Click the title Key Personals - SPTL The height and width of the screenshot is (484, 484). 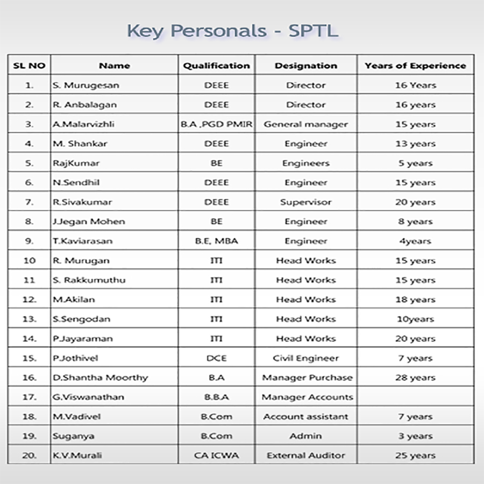232,31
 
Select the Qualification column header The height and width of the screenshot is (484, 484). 216,66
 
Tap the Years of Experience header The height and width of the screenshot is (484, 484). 415,66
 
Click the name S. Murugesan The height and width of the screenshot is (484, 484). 86,85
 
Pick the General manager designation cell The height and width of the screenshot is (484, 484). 305,124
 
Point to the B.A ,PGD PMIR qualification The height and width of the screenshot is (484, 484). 216,124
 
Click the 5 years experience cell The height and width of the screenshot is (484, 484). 415,163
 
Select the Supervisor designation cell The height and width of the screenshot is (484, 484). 305,202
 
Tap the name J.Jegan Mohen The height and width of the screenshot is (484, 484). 89,222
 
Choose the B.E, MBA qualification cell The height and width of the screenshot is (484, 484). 216,241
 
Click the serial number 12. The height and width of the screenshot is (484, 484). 30,300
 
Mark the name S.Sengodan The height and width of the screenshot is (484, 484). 82,319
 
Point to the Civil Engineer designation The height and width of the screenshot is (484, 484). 305,358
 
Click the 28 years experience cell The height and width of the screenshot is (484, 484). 415,378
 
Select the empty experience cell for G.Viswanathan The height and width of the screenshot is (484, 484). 415,397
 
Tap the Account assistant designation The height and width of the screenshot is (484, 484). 305,417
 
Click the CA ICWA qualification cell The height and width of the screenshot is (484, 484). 216,455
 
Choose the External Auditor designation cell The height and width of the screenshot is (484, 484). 305,455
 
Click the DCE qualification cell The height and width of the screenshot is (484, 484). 216,358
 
